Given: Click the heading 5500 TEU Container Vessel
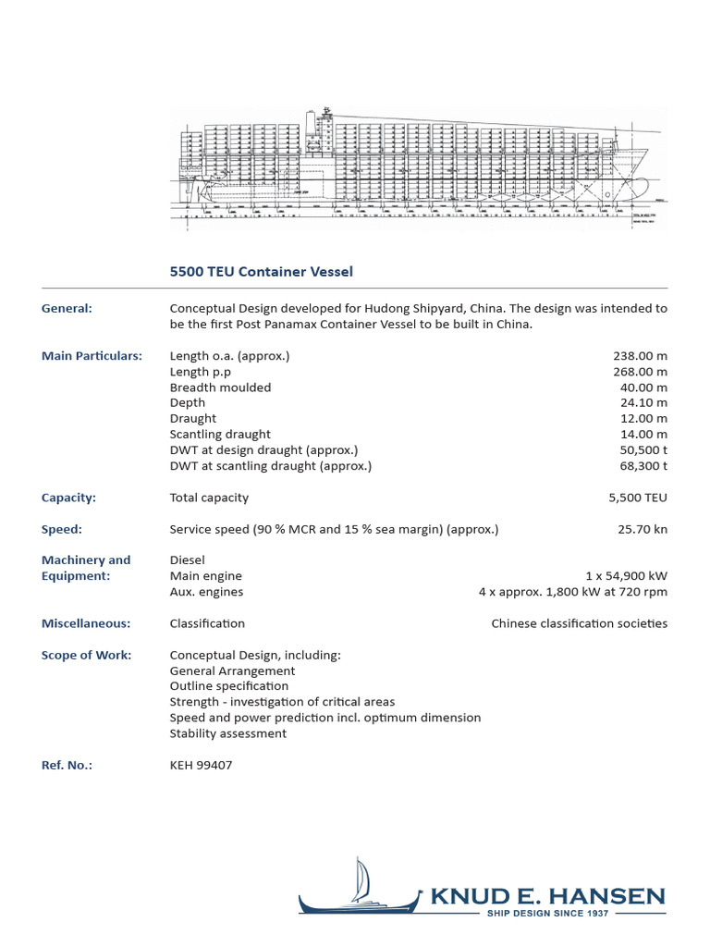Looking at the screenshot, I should pos(262,272).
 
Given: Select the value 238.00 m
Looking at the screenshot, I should pos(640,356).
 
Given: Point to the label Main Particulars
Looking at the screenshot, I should pos(92,356).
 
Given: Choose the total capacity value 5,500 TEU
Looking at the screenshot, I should pos(637,498).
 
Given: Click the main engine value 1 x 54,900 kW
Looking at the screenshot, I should pos(626,576).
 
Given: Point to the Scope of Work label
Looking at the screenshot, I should pos(86,655).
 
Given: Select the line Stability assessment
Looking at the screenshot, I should pos(228,733).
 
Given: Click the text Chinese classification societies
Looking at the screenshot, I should pos(579,623).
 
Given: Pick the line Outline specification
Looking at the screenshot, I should pos(229,686).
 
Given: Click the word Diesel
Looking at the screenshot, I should pos(188,560).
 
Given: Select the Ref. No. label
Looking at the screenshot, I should pos(67,765).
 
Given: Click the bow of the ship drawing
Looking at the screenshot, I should pos(638,166).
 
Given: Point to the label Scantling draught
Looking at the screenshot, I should pos(220,435).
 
